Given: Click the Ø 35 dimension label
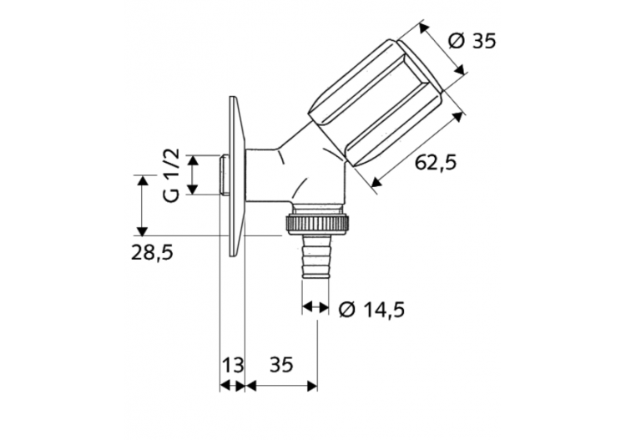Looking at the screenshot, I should pyautogui.click(x=472, y=41).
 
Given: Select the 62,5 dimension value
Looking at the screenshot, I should pyautogui.click(x=436, y=163).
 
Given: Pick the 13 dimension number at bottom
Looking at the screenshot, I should pyautogui.click(x=233, y=364).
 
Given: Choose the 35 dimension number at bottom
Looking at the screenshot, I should pyautogui.click(x=282, y=364).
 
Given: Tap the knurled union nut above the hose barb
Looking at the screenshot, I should pyautogui.click(x=318, y=223).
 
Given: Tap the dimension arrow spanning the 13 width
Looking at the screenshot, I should pyautogui.click(x=233, y=386).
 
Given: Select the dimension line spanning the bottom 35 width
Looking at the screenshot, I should pyautogui.click(x=282, y=386).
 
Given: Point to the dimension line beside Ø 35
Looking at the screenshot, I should pyautogui.click(x=442, y=55).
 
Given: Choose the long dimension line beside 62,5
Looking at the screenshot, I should pyautogui.click(x=417, y=142).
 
